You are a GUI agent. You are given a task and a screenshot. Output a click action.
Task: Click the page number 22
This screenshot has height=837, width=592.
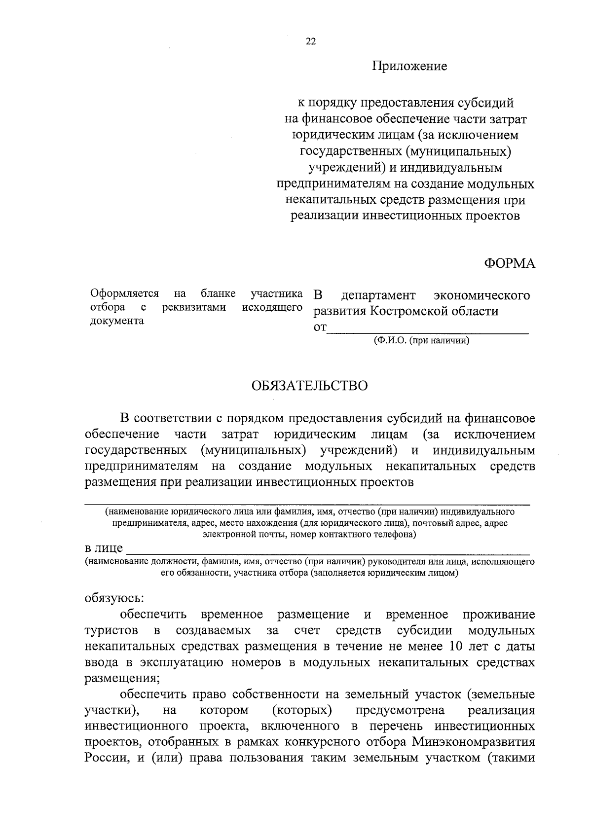(311, 42)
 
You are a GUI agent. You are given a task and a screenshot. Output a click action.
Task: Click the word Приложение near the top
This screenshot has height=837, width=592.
(409, 66)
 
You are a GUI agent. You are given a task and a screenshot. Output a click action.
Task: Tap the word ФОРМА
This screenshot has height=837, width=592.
(509, 263)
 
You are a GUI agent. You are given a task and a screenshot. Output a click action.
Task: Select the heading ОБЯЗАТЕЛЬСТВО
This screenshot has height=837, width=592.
(310, 386)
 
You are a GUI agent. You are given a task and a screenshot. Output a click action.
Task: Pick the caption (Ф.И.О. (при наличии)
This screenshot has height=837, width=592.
(421, 340)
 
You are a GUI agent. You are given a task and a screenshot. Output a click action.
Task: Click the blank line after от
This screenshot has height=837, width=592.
(428, 329)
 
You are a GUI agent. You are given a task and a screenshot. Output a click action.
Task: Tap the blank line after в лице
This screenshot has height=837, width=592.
(328, 550)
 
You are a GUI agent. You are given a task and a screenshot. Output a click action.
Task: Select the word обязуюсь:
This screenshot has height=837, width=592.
(114, 598)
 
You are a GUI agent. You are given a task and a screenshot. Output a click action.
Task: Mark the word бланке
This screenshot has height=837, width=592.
(218, 294)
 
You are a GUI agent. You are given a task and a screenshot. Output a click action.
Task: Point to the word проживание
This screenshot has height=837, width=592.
(498, 615)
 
